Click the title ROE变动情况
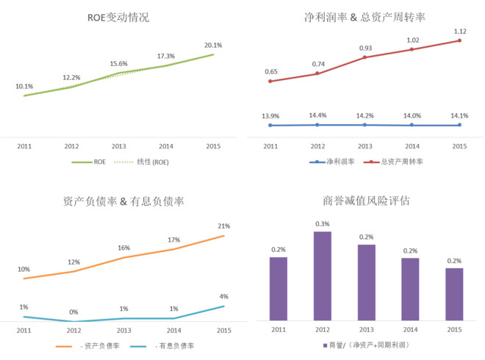tap(118, 18)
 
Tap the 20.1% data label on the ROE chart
tap(213, 45)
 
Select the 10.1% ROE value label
tap(24, 86)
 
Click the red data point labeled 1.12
tap(459, 40)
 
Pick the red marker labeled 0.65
tap(270, 82)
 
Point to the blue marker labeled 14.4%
tap(317, 125)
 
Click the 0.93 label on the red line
tap(365, 48)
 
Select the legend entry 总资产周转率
tap(393, 162)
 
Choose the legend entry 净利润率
tap(332, 162)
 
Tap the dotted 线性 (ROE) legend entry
tap(141, 162)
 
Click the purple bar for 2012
tap(323, 276)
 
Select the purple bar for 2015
tap(454, 294)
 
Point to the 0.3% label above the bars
tap(323, 224)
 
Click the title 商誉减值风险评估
tap(366, 201)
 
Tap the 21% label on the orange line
tap(224, 226)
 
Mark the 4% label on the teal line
tap(224, 297)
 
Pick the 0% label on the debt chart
tap(73, 312)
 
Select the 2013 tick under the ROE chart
tap(119, 146)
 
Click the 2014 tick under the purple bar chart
tap(410, 330)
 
